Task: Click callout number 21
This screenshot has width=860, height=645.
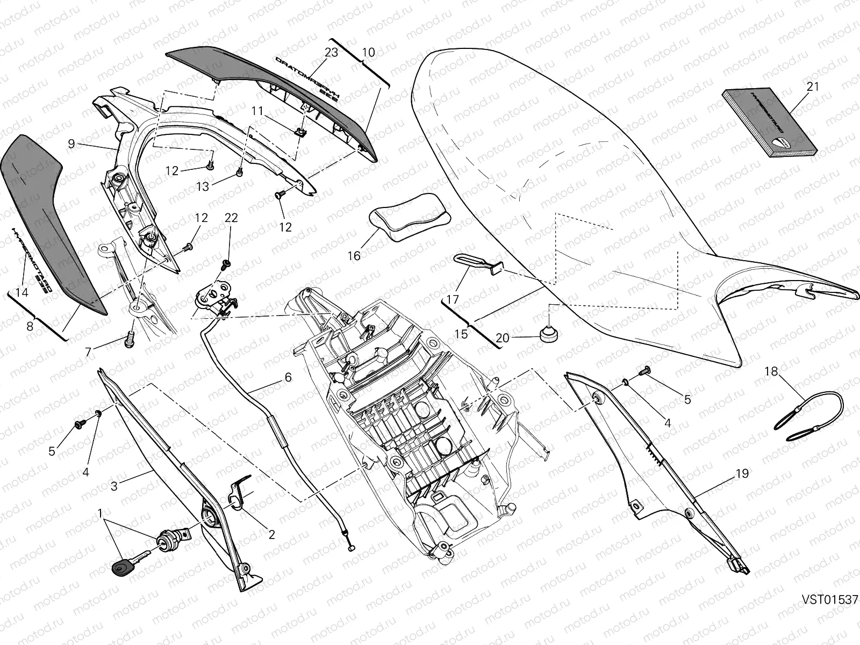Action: [x=813, y=86]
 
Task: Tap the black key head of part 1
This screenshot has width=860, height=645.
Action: [x=121, y=567]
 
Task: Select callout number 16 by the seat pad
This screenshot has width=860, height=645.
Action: [x=354, y=256]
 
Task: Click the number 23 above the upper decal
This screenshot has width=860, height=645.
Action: [x=331, y=53]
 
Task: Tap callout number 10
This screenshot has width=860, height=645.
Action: [x=369, y=53]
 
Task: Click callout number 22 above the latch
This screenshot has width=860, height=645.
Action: [x=231, y=218]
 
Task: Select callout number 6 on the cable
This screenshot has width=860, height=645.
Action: [x=288, y=377]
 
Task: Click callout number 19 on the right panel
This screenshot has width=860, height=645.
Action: [x=742, y=474]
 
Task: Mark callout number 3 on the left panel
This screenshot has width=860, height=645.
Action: [x=114, y=486]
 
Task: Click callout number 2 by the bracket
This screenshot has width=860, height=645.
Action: [x=271, y=534]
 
